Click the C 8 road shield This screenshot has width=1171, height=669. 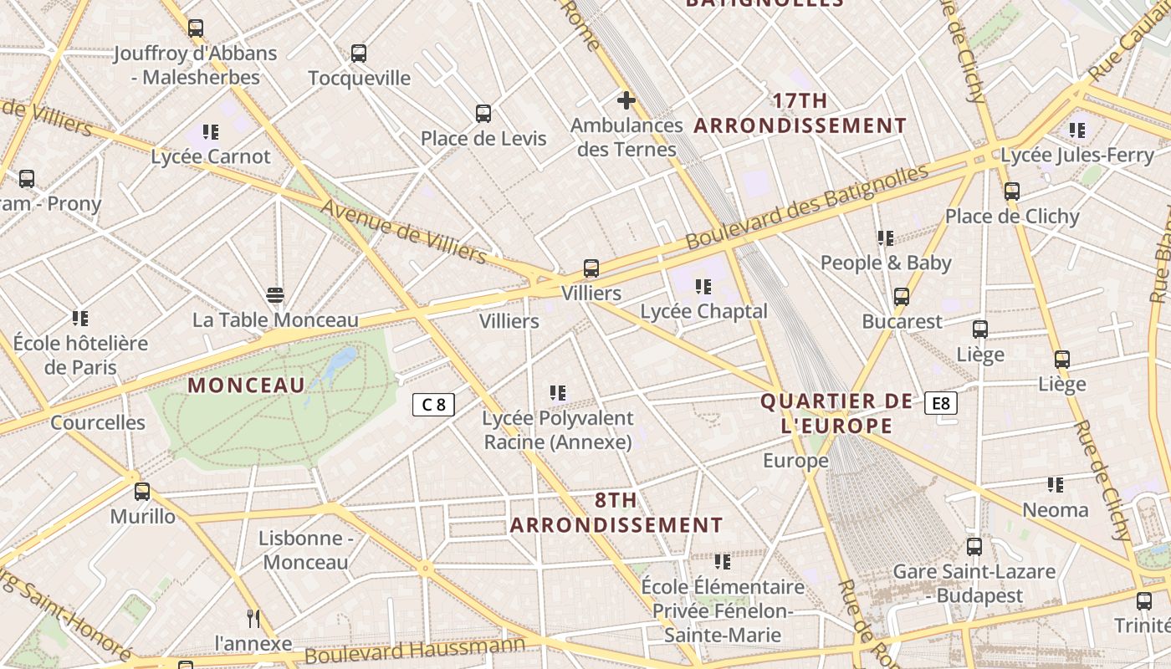pos(433,405)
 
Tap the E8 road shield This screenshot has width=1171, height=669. pos(941,404)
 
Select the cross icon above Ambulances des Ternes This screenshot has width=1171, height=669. pos(626,101)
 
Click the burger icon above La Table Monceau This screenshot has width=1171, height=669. pos(274,294)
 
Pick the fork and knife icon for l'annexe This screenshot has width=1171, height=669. pos(253,619)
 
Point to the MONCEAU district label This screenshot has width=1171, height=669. pos(246,386)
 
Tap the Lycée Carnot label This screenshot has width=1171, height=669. pos(211,156)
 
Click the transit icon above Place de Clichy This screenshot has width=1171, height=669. pos(1012,192)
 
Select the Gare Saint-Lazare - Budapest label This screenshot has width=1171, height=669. pos(974,584)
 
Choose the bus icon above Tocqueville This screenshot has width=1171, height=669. pos(359,54)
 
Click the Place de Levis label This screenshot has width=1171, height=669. pos(483,139)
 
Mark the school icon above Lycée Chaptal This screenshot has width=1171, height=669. pos(703,287)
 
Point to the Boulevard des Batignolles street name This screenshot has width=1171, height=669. pos(806,206)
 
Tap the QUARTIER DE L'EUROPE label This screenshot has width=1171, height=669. pos(836,413)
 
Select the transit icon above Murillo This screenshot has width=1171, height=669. pos(142,491)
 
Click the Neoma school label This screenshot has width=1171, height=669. pos(1056,510)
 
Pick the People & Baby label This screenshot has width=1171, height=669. pos(885,263)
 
